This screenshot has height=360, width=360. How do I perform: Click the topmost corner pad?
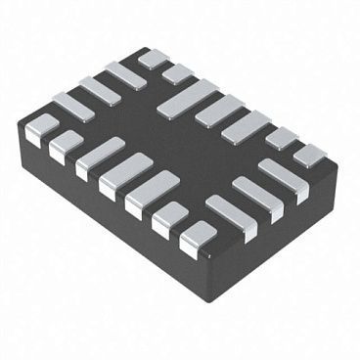pyautogui.click(x=153, y=59)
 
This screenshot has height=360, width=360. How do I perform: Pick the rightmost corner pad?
pyautogui.click(x=311, y=155)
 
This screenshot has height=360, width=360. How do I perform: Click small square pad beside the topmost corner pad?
pyautogui.click(x=177, y=73)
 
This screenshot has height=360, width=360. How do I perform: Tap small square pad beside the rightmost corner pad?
pyautogui.click(x=282, y=138)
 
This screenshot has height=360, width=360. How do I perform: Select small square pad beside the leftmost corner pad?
pyautogui.click(x=66, y=147)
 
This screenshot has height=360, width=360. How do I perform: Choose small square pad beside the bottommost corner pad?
pyautogui.click(x=172, y=218)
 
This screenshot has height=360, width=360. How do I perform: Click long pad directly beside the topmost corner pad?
pyautogui.click(x=125, y=74)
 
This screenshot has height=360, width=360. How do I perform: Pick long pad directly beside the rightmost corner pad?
pyautogui.click(x=284, y=180)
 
